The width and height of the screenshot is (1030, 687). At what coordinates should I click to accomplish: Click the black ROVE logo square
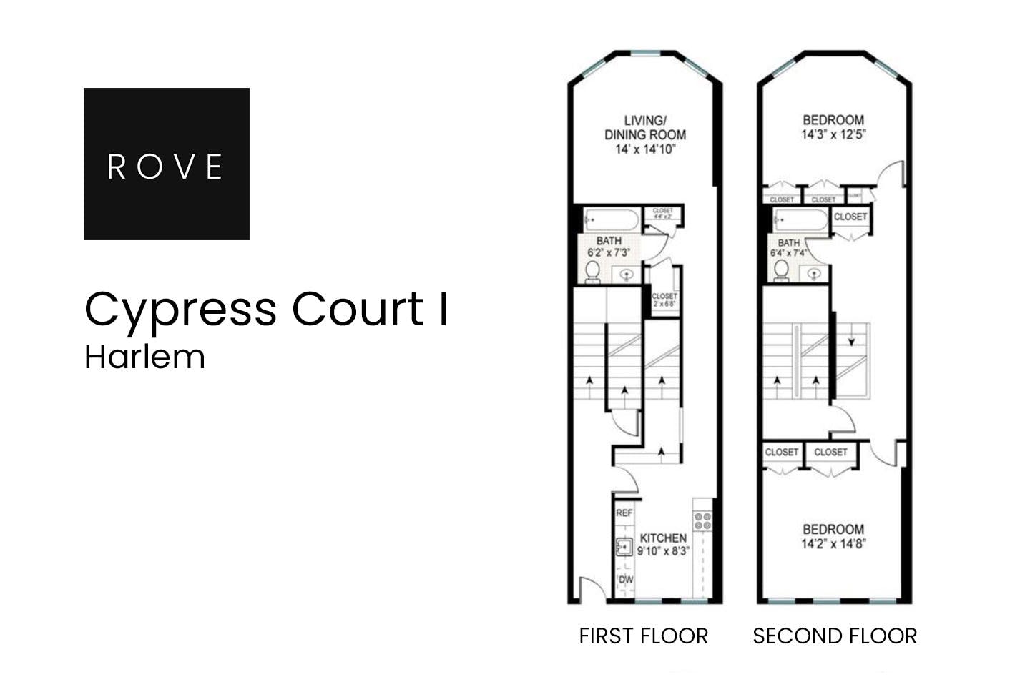[x=166, y=164]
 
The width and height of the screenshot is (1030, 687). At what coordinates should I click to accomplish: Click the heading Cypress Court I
[x=266, y=309]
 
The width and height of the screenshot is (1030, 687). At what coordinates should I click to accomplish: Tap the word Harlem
[x=144, y=357]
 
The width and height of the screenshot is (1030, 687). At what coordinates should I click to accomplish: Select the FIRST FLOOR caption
[x=643, y=636]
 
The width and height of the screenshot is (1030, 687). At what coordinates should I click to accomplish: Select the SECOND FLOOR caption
[x=834, y=636]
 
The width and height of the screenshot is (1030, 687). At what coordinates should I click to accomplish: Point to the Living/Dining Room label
[x=645, y=134]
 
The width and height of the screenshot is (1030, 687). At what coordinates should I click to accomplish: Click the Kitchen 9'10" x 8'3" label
[x=663, y=544]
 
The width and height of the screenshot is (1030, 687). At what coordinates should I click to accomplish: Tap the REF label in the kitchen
[x=624, y=513]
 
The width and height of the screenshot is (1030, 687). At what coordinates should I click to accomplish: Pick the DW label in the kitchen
[x=625, y=579]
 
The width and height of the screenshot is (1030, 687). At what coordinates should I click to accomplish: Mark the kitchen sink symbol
[x=624, y=547]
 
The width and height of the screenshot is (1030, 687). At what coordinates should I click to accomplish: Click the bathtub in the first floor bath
[x=610, y=219]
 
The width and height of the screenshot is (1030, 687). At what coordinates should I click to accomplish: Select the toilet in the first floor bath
[x=593, y=271]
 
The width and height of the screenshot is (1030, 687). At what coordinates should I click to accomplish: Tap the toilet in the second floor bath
[x=782, y=270]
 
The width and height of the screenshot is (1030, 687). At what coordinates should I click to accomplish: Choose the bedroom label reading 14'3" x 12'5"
[x=833, y=127]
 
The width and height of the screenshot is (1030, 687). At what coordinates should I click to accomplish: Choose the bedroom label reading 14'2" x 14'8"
[x=833, y=536]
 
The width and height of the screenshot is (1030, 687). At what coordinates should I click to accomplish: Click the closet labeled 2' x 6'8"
[x=664, y=300]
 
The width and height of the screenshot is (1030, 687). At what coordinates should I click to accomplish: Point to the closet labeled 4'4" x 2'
[x=663, y=213]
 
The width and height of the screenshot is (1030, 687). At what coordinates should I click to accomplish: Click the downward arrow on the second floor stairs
[x=851, y=342]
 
